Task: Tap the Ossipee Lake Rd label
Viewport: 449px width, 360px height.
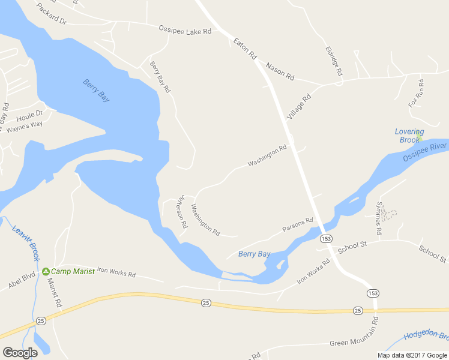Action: (185, 30)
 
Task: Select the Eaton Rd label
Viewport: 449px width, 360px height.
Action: (245, 49)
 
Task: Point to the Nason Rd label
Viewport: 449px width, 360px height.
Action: (280, 71)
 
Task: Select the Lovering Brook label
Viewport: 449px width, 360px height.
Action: (409, 136)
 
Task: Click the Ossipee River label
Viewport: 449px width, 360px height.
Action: (425, 150)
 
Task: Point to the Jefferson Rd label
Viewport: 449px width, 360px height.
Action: (183, 211)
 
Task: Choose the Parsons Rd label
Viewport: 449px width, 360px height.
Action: (298, 225)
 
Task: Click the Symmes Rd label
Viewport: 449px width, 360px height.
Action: (379, 217)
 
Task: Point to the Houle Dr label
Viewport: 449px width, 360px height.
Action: (30, 113)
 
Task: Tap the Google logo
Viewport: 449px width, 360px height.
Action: (20, 353)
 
